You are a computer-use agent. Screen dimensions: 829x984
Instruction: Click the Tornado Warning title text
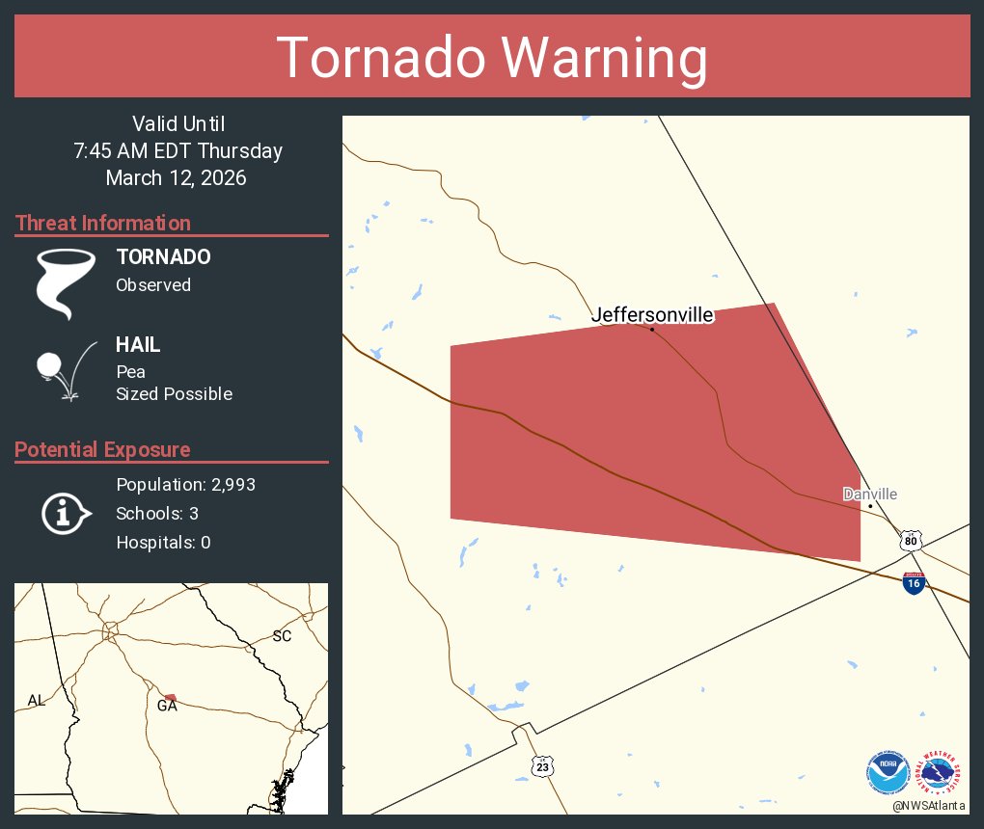tap(492, 58)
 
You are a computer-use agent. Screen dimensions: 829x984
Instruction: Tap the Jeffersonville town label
tap(652, 315)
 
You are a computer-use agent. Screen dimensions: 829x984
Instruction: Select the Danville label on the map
tap(869, 495)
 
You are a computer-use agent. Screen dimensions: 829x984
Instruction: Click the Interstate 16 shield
tap(914, 582)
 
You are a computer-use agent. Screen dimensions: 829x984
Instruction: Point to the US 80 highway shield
tap(912, 540)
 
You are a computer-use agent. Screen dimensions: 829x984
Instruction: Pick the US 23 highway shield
tap(543, 765)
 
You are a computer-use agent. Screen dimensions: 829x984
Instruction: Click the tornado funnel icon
tap(65, 282)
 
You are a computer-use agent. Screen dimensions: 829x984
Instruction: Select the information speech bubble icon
tap(65, 513)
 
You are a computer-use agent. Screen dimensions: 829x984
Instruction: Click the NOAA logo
tap(888, 773)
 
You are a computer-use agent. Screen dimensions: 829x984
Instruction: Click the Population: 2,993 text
tap(185, 485)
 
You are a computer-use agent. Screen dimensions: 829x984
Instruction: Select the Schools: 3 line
tap(157, 514)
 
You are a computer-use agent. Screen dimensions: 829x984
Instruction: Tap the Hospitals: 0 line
tap(163, 543)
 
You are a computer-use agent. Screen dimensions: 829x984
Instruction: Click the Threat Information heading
tap(103, 224)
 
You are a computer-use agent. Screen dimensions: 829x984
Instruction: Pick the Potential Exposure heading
tap(102, 450)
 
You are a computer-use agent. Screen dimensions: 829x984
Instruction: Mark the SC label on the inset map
tap(282, 636)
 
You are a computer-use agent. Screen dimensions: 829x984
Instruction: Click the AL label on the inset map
tap(37, 701)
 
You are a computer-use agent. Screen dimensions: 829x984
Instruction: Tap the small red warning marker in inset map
tap(170, 697)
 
